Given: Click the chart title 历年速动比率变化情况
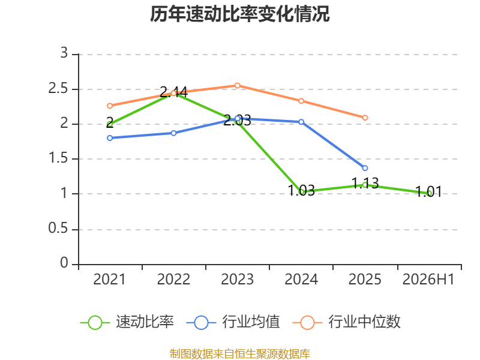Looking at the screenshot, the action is point(239,14).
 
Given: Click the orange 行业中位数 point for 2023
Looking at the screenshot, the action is point(237,85).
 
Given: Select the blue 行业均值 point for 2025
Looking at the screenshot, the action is point(365,168).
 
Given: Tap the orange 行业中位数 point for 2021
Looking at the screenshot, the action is point(110,106).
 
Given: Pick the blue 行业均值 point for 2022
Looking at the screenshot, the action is point(173,133).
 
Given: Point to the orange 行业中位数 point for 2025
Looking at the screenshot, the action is point(365,118).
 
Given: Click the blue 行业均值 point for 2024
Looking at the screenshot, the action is point(301,122).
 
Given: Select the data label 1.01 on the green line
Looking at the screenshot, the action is point(428,192).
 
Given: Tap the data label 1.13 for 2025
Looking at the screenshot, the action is point(365,183).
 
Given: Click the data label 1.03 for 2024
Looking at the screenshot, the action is point(301,190).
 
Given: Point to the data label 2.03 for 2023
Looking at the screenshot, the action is point(237,121).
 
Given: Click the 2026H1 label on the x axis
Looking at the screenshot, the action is point(428,279).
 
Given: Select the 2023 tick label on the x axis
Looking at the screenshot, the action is point(237,279).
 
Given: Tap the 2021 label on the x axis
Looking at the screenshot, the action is point(110,279).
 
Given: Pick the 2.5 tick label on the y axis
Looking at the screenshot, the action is point(58,88).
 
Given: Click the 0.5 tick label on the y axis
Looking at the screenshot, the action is point(58,229).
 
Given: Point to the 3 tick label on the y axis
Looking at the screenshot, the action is point(64,53).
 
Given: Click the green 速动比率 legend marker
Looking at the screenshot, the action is point(95,323).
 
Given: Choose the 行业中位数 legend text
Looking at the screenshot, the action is point(364,322).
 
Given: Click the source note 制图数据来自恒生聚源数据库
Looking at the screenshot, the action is point(240,354).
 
